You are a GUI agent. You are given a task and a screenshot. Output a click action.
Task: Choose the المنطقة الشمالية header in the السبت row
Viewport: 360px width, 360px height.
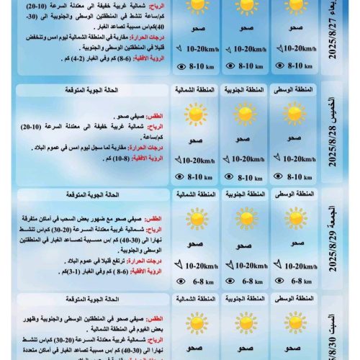pyautogui.click(x=194, y=298)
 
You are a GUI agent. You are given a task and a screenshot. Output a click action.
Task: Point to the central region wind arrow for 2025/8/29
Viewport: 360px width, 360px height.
pyautogui.click(x=276, y=265)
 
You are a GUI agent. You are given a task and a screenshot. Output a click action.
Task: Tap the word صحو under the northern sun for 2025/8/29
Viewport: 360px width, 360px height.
pyautogui.click(x=194, y=243)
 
